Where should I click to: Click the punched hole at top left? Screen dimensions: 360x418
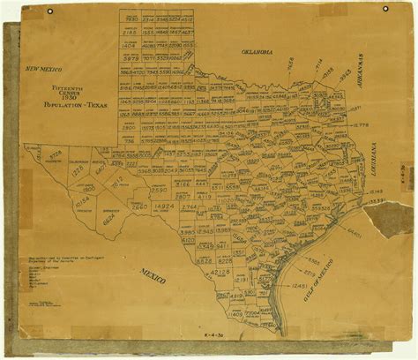pos(49,10)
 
